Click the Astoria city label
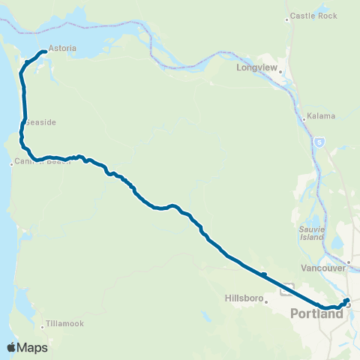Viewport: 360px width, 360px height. [62, 48]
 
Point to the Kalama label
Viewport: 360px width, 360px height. [322, 116]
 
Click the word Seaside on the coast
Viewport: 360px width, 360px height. [42, 121]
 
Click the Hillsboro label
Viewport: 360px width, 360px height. [243, 298]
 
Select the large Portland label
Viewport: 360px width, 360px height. [316, 313]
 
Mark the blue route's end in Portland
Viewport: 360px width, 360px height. [346, 301]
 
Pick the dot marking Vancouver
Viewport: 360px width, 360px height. [349, 262]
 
